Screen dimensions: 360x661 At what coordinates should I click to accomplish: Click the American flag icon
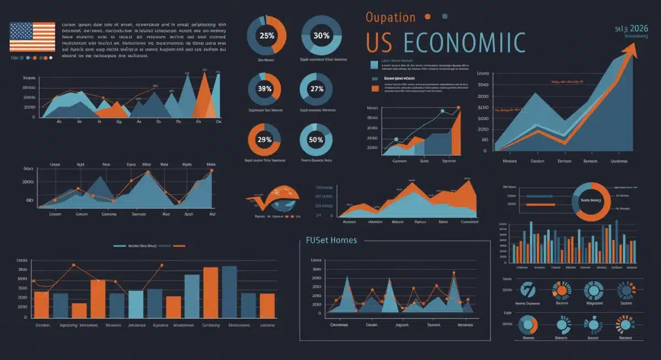[x=32, y=37]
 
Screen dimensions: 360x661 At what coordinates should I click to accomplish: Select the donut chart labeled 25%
[x=267, y=35]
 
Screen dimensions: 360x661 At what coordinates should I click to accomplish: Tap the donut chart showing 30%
[x=322, y=35]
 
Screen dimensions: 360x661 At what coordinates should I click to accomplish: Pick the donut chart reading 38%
[x=264, y=89]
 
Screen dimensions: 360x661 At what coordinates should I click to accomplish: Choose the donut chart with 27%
[x=317, y=89]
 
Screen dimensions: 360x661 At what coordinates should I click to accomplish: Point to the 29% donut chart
[x=264, y=140]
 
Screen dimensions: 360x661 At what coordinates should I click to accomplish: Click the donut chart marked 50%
[x=316, y=140]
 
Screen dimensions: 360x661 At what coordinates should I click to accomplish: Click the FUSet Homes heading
[x=331, y=240]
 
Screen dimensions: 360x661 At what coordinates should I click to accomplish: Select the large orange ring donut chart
[x=592, y=201]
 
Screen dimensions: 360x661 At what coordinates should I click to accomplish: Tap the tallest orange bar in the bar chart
[x=210, y=292]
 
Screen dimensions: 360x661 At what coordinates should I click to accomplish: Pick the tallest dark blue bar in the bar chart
[x=229, y=291]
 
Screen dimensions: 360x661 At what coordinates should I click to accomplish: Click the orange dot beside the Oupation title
[x=427, y=17]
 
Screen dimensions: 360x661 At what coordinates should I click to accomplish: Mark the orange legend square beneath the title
[x=375, y=88]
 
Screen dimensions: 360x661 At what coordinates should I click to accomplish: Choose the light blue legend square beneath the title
[x=375, y=65]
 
